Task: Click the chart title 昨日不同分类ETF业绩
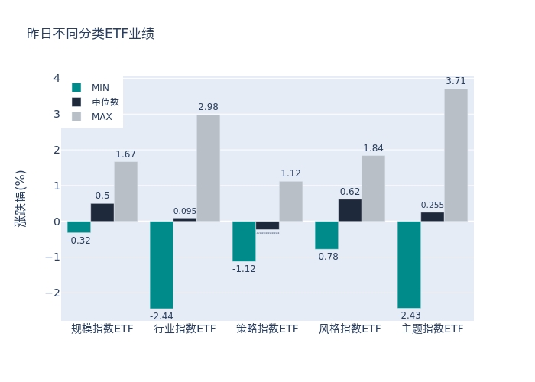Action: click(90, 34)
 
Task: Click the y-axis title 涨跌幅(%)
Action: click(21, 199)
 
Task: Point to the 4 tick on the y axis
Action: click(57, 78)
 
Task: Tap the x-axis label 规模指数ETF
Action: click(102, 329)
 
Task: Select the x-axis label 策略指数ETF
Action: click(267, 329)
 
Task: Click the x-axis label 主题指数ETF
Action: click(433, 329)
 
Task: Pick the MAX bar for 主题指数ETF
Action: click(456, 155)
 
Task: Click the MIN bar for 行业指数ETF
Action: click(161, 264)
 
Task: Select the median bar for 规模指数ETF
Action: click(102, 212)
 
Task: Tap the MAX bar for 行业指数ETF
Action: click(208, 168)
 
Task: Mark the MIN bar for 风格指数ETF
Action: click(326, 235)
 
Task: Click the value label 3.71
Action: click(456, 81)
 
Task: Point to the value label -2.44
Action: click(161, 316)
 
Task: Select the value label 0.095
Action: click(185, 212)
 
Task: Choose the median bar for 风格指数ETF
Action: click(350, 210)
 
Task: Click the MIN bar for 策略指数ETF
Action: click(244, 241)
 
